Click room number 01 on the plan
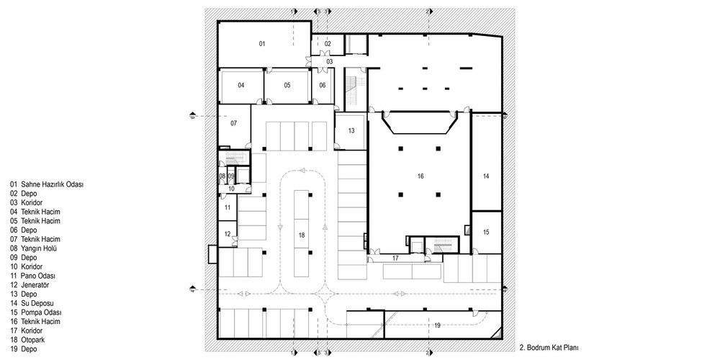pos(263,45)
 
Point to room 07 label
pos(233,124)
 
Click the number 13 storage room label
pos(351,131)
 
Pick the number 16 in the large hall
pos(420,176)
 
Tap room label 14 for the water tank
pos(486,176)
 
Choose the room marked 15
pos(486,232)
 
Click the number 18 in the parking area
pos(302,235)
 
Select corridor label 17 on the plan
pos(395,258)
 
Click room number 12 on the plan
pos(227,234)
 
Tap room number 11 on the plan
pos(227,207)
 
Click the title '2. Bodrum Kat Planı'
pos(549,346)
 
